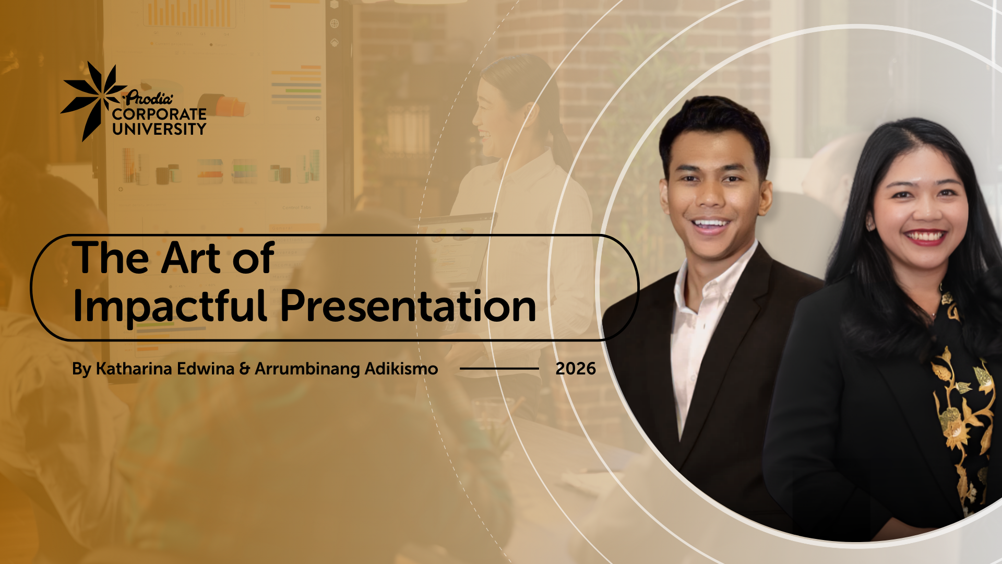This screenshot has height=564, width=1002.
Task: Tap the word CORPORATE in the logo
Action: [x=159, y=114]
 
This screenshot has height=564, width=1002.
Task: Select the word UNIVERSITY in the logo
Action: [x=159, y=128]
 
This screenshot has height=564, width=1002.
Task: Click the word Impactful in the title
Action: [x=170, y=308]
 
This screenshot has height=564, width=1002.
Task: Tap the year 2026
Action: [x=576, y=369]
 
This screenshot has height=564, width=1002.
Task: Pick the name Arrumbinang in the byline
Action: [x=307, y=369]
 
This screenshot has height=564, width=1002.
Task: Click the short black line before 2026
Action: [x=499, y=369]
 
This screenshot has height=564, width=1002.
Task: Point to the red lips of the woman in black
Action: [x=925, y=237]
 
